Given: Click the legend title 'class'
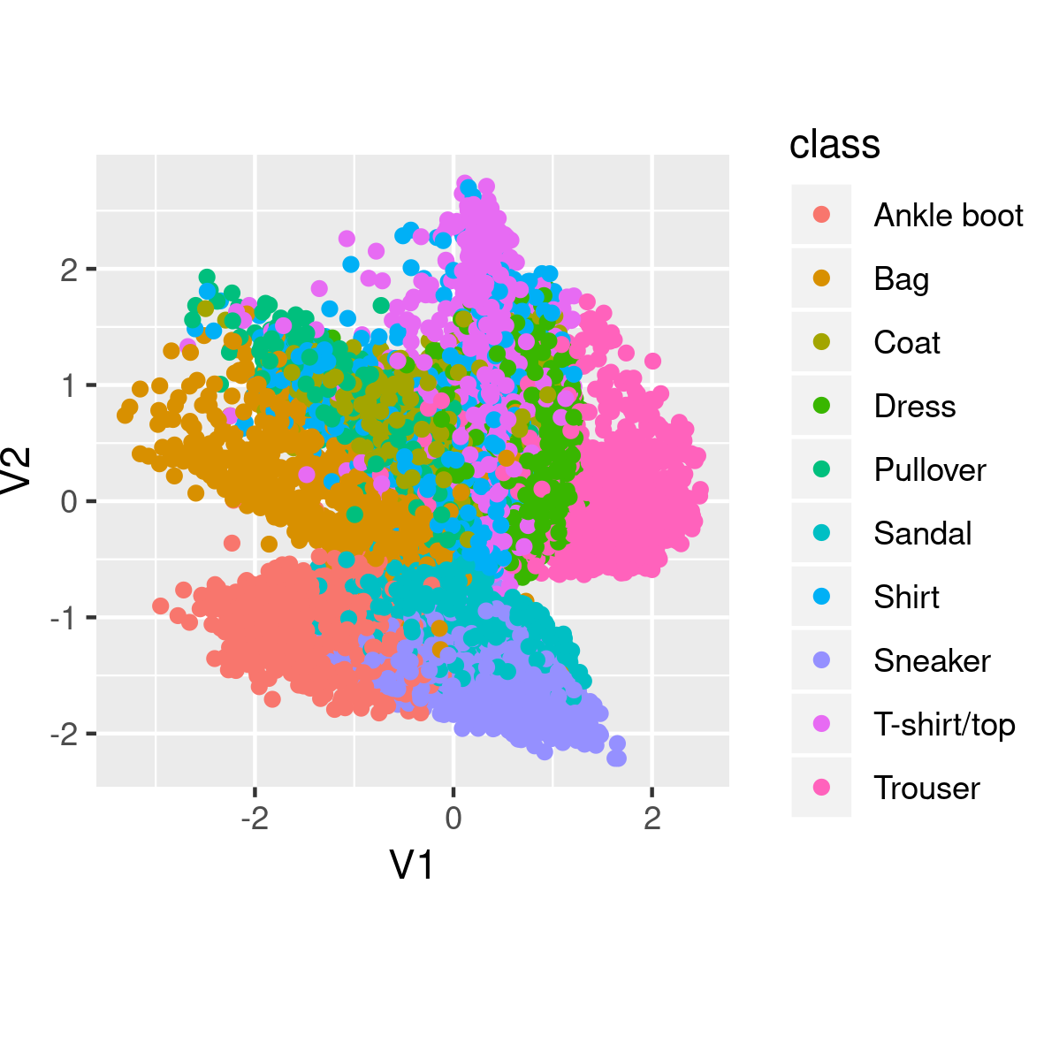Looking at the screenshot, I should (x=834, y=144).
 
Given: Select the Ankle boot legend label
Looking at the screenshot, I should (x=948, y=216).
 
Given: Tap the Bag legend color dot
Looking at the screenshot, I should (x=821, y=278).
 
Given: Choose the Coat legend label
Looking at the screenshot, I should (x=906, y=343).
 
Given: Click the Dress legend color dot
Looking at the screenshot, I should (x=821, y=406).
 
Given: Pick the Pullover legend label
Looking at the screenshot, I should (x=929, y=470).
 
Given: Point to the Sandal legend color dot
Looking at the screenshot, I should (x=821, y=533).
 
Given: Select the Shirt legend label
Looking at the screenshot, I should (x=906, y=598).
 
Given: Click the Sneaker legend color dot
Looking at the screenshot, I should (x=821, y=660).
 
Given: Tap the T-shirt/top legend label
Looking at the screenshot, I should (x=943, y=725).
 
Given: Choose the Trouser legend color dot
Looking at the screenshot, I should (x=821, y=788).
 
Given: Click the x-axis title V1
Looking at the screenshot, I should (x=412, y=865).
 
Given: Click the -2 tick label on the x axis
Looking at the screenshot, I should (x=254, y=819).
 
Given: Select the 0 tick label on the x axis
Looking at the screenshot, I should (x=453, y=819).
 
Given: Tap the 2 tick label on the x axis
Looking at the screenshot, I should (x=652, y=819).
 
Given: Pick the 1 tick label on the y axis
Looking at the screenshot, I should (x=68, y=385).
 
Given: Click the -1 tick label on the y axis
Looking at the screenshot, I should (x=63, y=618).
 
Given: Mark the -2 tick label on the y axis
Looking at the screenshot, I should (x=63, y=735).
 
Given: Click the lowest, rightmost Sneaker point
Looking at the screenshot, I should (x=617, y=758).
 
